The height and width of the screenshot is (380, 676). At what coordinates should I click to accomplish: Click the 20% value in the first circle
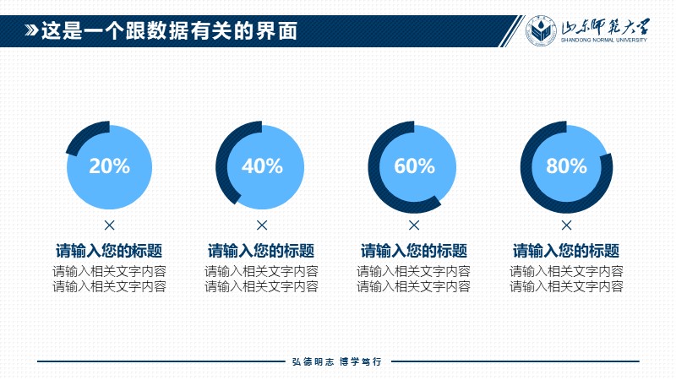[110, 166]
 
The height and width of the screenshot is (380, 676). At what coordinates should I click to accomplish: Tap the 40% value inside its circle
[262, 166]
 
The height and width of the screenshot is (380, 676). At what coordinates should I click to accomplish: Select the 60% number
[414, 166]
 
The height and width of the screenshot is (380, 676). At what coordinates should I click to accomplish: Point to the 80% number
[566, 166]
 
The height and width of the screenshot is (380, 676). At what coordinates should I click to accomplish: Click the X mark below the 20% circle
[110, 225]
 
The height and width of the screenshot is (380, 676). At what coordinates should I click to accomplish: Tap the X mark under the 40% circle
[262, 225]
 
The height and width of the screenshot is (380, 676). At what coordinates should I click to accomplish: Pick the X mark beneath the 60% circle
[414, 225]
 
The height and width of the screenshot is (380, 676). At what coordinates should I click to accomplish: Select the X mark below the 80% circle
[566, 225]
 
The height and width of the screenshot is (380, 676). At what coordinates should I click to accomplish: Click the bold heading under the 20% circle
[109, 251]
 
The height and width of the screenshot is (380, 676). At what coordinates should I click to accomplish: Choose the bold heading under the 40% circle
[261, 251]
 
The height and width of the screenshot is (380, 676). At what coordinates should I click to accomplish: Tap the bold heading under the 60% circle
[414, 251]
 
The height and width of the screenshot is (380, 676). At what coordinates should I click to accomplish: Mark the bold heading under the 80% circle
[566, 251]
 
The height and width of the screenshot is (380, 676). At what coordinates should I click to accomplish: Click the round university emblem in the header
[541, 30]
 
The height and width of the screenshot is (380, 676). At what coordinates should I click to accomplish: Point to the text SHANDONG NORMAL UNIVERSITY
[603, 40]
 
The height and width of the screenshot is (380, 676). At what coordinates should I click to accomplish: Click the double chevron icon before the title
[31, 30]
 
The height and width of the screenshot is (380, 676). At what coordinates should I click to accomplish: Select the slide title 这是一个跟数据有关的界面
[170, 31]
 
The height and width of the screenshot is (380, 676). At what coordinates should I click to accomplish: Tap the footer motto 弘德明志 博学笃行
[336, 362]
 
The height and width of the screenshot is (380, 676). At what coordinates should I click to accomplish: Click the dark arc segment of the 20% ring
[84, 133]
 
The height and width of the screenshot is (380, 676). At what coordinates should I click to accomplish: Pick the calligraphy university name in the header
[605, 27]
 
